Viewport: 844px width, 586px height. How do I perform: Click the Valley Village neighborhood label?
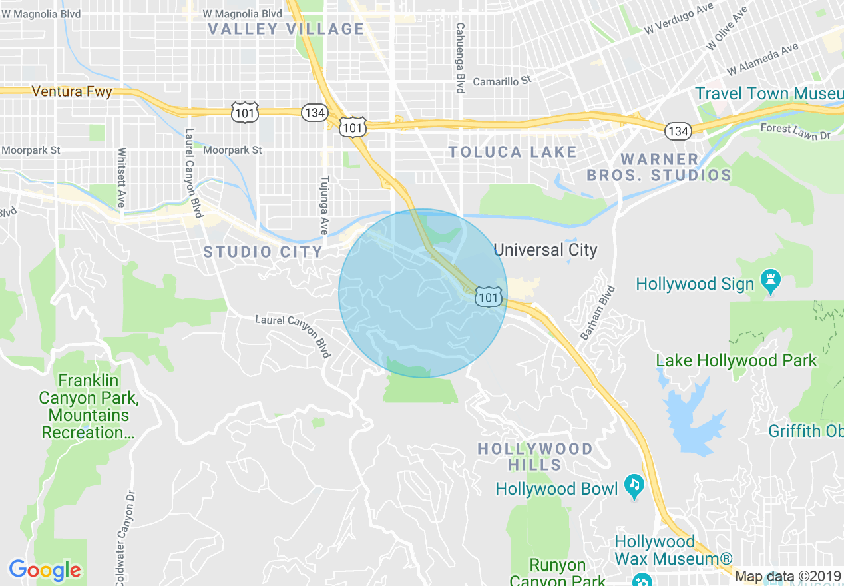click(286, 29)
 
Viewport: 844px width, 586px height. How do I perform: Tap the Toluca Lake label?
click(513, 152)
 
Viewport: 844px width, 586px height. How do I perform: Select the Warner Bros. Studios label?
click(659, 168)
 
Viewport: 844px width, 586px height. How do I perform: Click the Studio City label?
click(263, 252)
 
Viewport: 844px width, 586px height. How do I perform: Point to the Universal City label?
click(545, 250)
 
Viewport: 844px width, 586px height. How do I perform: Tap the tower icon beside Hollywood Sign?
click(771, 283)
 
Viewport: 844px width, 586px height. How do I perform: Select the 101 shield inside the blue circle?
click(489, 297)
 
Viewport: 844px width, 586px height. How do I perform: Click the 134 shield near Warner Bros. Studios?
click(678, 131)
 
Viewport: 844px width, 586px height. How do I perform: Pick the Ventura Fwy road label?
click(72, 92)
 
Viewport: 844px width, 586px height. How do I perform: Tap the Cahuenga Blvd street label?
click(460, 58)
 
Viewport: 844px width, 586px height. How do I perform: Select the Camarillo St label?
click(503, 81)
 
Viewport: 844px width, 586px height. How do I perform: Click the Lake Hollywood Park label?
click(736, 361)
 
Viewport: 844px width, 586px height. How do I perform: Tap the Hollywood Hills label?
click(535, 456)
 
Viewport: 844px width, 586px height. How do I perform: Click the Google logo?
click(45, 570)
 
